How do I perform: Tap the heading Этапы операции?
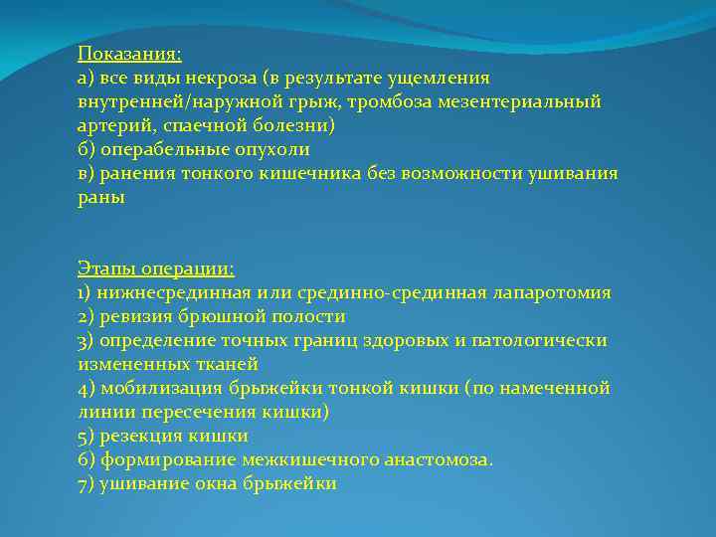click(x=156, y=268)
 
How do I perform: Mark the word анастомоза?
click(x=439, y=459)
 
